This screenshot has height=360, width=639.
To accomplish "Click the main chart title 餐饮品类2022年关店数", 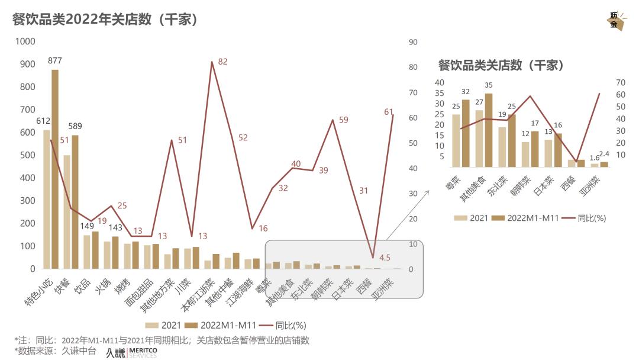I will coord(105,20).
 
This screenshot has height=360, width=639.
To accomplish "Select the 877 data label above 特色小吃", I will coord(55,60).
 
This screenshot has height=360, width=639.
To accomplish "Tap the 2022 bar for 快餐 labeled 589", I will coord(75,201).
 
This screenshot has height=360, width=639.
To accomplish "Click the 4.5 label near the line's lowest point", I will coord(385,258).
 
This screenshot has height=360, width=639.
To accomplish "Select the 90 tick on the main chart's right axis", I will coord(413,41).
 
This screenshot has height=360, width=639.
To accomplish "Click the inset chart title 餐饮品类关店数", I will coord(501,65).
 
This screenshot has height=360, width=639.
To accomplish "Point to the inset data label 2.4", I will coord(605,155).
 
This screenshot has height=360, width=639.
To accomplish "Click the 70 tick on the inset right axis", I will coord(621,82).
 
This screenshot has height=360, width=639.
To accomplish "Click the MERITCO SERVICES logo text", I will coord(143,353).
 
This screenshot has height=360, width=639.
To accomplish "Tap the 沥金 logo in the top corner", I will coord(615,21).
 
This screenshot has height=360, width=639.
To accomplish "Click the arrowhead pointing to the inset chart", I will coord(427,192).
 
